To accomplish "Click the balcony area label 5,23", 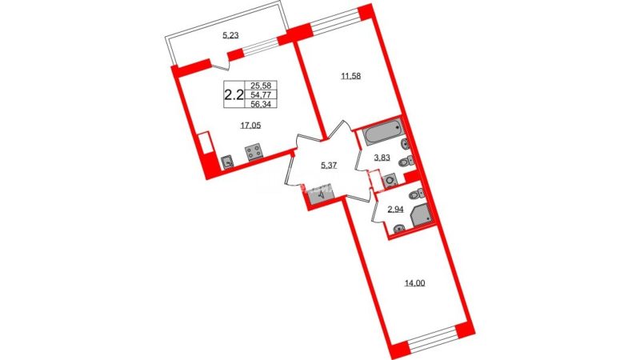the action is (x=230, y=35).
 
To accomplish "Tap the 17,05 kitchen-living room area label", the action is (x=250, y=126).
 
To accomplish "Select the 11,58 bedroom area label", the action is (x=351, y=76).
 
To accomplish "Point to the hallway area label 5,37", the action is (x=329, y=166).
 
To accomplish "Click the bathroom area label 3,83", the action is (x=382, y=158).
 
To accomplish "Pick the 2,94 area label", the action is (x=394, y=210).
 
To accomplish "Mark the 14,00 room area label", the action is (x=414, y=282).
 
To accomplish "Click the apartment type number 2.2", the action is (x=234, y=95).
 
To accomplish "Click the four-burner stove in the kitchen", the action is (x=254, y=153).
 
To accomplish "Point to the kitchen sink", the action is (x=227, y=163).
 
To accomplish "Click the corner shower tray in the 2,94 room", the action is (x=422, y=214).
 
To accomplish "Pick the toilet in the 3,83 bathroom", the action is (x=406, y=162).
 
